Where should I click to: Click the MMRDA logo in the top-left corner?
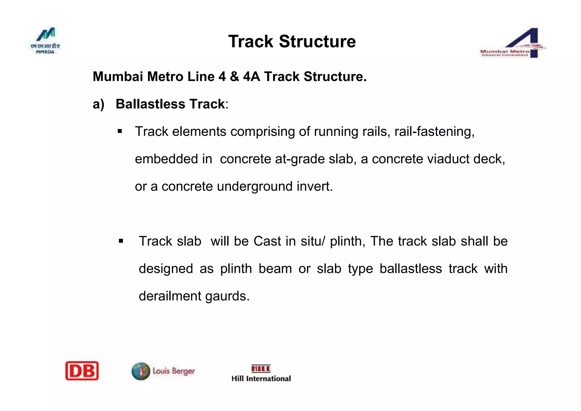[x=45, y=41]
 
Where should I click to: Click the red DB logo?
[x=82, y=371]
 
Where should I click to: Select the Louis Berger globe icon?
[x=141, y=371]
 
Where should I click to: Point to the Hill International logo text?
[x=261, y=378]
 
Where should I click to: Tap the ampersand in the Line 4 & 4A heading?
[x=234, y=77]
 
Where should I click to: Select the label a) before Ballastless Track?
[x=98, y=104]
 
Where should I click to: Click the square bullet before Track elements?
[x=120, y=131]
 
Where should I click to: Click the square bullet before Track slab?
[x=121, y=241]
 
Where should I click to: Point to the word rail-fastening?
[x=434, y=131]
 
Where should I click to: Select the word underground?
[x=254, y=186]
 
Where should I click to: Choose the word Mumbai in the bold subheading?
[x=118, y=77]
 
